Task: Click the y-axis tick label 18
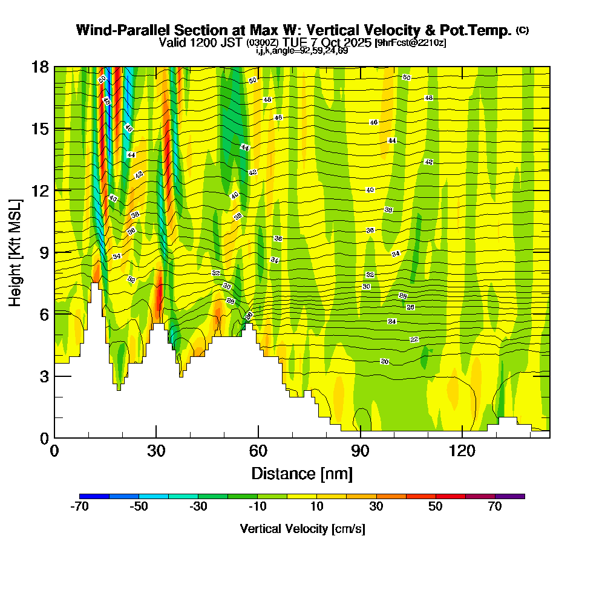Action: click(39, 67)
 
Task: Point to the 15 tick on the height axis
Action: click(39, 129)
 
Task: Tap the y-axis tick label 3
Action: click(44, 376)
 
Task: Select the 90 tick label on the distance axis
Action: click(361, 451)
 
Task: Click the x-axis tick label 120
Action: click(462, 451)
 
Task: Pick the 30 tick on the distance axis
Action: click(156, 451)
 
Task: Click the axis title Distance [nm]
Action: click(302, 473)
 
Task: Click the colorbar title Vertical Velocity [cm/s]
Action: click(302, 529)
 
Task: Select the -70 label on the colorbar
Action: click(79, 507)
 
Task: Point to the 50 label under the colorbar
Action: click(436, 507)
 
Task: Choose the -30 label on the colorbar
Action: click(198, 507)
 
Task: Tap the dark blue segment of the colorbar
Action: click(94, 496)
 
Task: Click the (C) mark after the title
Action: click(522, 30)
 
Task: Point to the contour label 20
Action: click(385, 361)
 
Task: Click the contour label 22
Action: click(414, 339)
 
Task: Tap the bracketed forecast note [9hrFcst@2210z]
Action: click(411, 43)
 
